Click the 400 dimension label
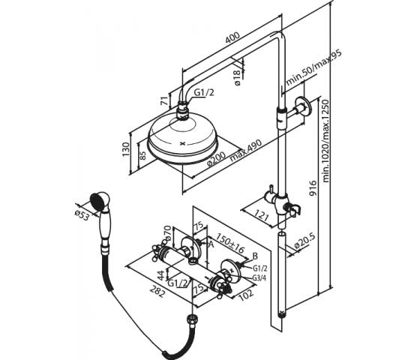232,37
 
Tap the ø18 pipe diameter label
237,77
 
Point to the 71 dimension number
165,100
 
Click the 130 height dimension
126,149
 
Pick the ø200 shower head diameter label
216,159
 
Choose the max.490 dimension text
246,150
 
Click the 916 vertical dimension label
313,188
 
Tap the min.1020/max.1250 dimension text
326,141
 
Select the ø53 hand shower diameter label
82,214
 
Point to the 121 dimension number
262,215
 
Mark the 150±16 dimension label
229,243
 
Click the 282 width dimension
157,291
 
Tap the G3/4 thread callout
259,277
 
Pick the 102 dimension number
245,294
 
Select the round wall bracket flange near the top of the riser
301,106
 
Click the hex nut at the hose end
192,319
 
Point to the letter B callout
255,256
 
